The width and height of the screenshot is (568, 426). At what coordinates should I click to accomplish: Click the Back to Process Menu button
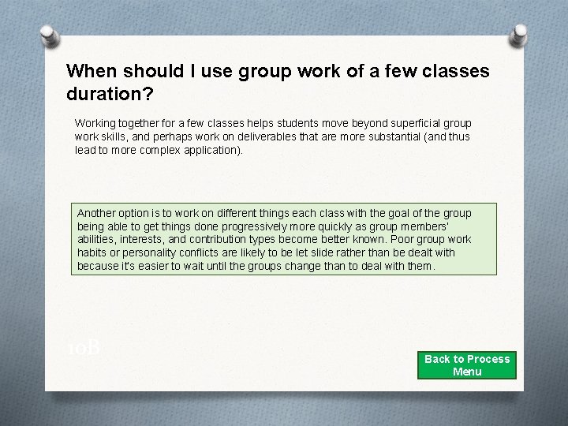pos(467,365)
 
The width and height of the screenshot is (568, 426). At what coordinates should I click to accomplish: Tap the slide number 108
pos(82,347)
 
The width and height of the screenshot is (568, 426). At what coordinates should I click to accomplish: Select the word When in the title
pos(89,71)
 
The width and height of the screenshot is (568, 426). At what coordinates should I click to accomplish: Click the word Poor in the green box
pos(404,240)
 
